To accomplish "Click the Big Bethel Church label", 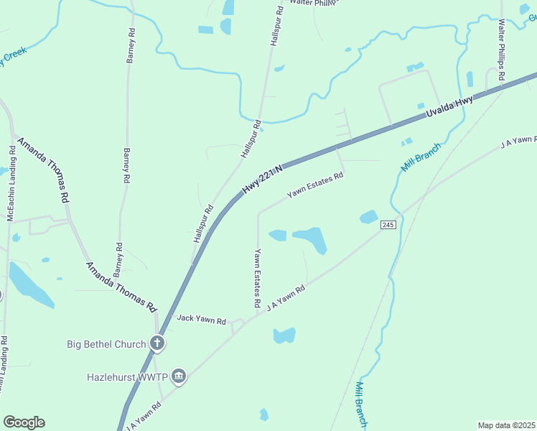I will pos(106,344).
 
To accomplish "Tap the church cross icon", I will pos(158,344).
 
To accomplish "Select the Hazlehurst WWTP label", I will pos(127,376).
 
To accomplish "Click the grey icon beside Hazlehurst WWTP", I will pos(179,376).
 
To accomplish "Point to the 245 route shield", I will pos(388,226).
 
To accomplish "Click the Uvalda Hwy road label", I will pos(449,110).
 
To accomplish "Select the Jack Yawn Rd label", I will pos(201,318).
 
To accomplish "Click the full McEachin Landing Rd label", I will pos(11,183).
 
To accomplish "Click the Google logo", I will pos(24,422).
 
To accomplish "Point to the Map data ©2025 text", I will pos(506,425).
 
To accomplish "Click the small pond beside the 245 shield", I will pos(368,216).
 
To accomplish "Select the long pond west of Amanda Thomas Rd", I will pos(29,284).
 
